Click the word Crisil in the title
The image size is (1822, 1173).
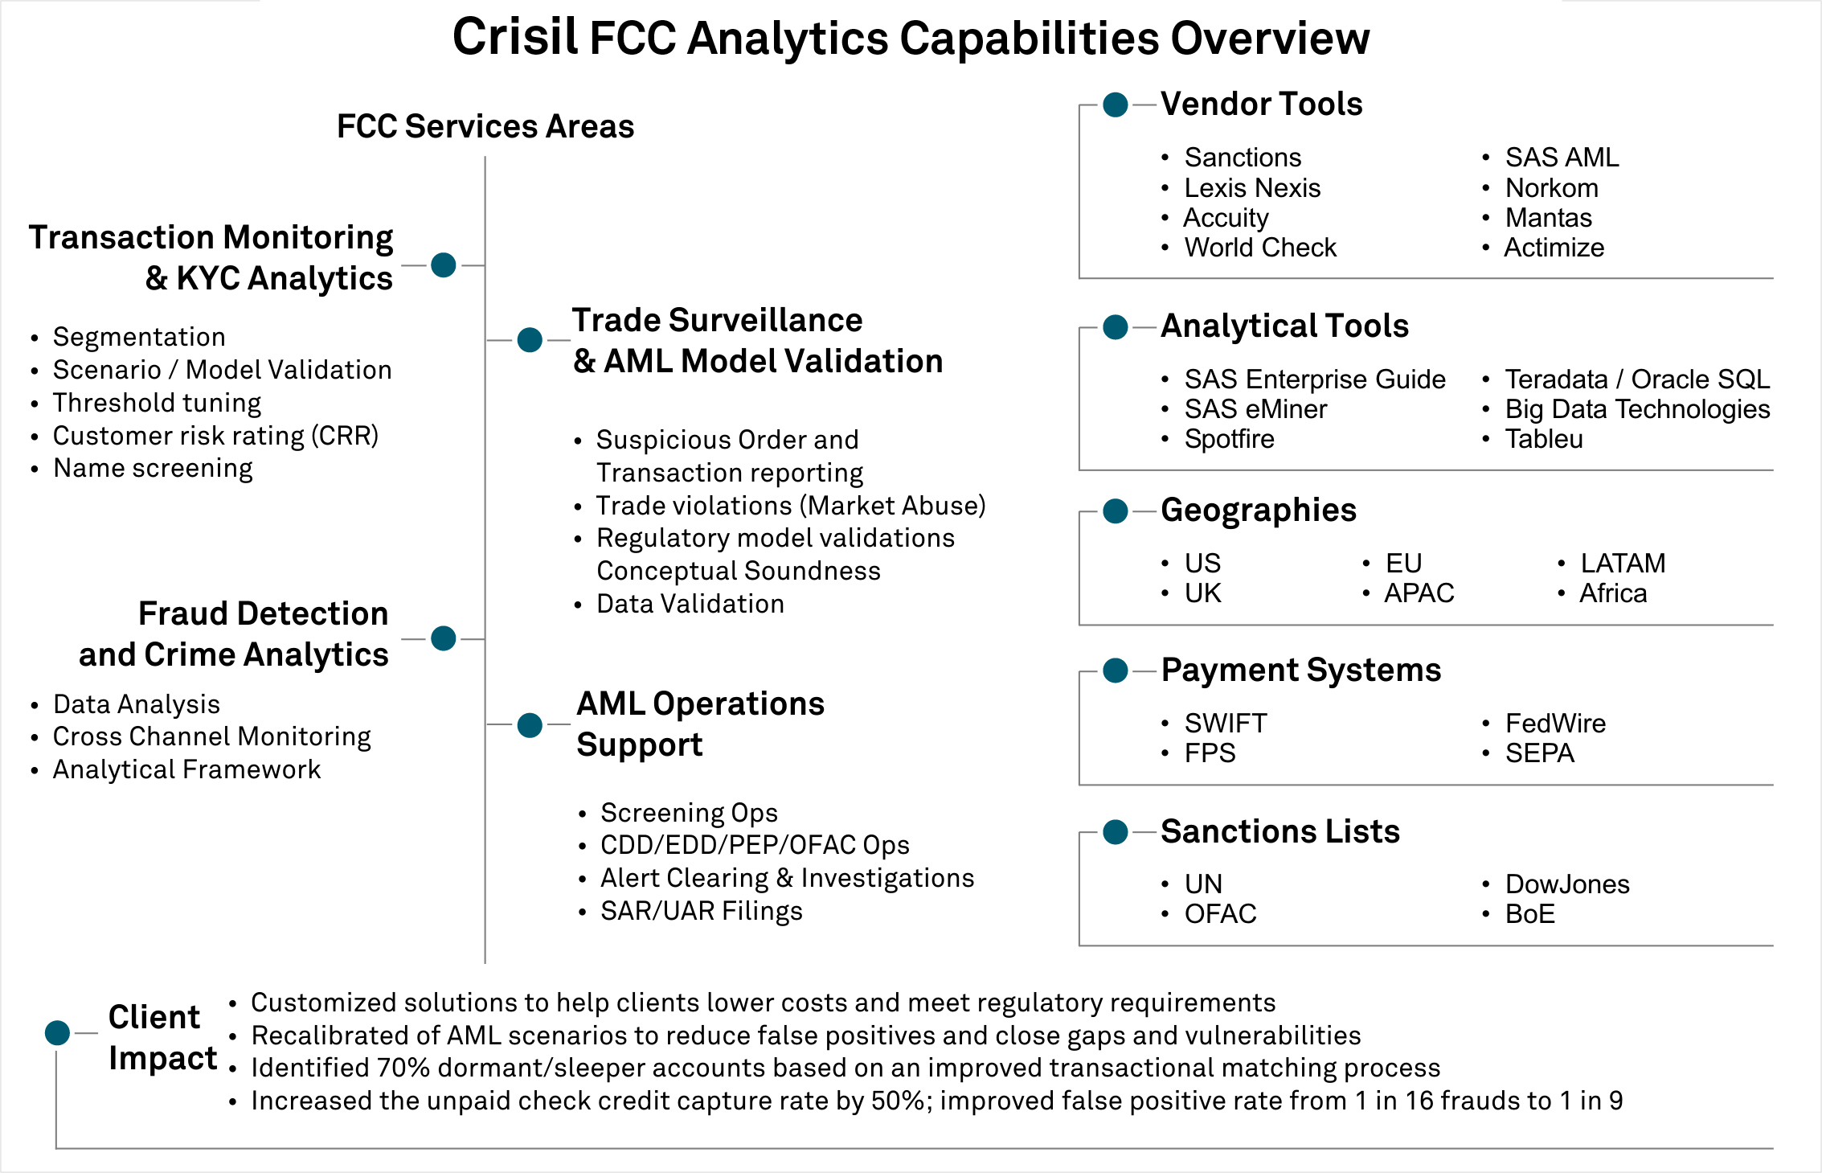pyautogui.click(x=514, y=37)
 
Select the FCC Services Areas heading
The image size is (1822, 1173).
pyautogui.click(x=485, y=126)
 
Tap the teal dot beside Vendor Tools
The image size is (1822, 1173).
pyautogui.click(x=1115, y=105)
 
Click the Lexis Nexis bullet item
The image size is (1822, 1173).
pyautogui.click(x=1251, y=188)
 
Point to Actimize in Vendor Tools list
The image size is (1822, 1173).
pyautogui.click(x=1554, y=248)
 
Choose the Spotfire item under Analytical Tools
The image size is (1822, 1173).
pyautogui.click(x=1229, y=439)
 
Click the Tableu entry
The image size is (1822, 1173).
pyautogui.click(x=1543, y=439)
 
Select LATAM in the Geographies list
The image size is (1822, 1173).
pyautogui.click(x=1622, y=563)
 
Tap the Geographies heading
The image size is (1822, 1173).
pyautogui.click(x=1258, y=511)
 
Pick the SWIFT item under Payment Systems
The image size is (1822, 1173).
pyautogui.click(x=1225, y=724)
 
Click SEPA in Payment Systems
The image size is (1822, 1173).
pyautogui.click(x=1539, y=753)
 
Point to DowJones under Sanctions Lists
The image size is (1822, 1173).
pyautogui.click(x=1566, y=884)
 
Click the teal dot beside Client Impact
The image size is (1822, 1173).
pyautogui.click(x=57, y=1032)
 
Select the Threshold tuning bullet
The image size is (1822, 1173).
pyautogui.click(x=157, y=403)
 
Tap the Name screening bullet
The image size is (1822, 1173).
pyautogui.click(x=153, y=468)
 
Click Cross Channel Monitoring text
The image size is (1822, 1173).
pyautogui.click(x=211, y=736)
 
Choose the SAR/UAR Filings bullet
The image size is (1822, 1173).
pyautogui.click(x=701, y=911)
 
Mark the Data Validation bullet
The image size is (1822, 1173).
pyautogui.click(x=690, y=604)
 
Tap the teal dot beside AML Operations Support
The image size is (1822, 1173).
pyautogui.click(x=530, y=725)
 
